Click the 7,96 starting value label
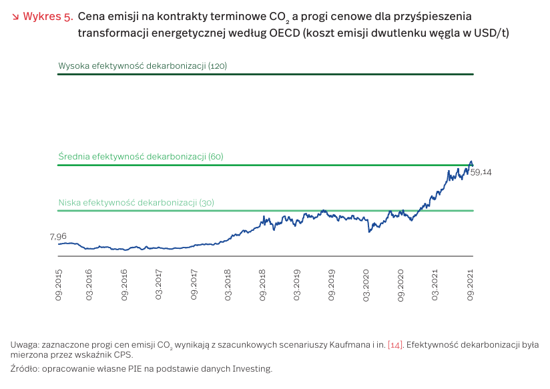point(58,236)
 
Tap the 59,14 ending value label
point(481,172)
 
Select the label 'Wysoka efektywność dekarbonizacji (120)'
point(144,66)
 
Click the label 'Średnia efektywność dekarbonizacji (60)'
point(141,156)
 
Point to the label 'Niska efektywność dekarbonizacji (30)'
point(136,202)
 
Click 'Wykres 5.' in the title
point(48,17)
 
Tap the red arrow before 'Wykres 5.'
point(16,17)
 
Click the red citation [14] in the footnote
point(395,345)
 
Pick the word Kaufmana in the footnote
point(345,345)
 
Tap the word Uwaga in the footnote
point(25,345)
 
